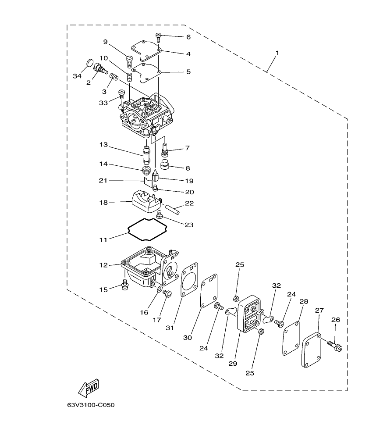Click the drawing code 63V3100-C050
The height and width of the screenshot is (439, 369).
click(x=91, y=405)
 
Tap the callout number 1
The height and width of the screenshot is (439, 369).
click(x=277, y=53)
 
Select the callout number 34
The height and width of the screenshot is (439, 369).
click(x=77, y=76)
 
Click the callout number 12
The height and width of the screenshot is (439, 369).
click(x=103, y=265)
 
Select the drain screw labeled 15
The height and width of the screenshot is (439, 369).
click(x=124, y=286)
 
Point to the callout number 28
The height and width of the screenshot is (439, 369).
click(x=304, y=302)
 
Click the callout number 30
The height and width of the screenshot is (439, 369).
click(x=188, y=338)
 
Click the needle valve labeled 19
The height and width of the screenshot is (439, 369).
click(x=156, y=179)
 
